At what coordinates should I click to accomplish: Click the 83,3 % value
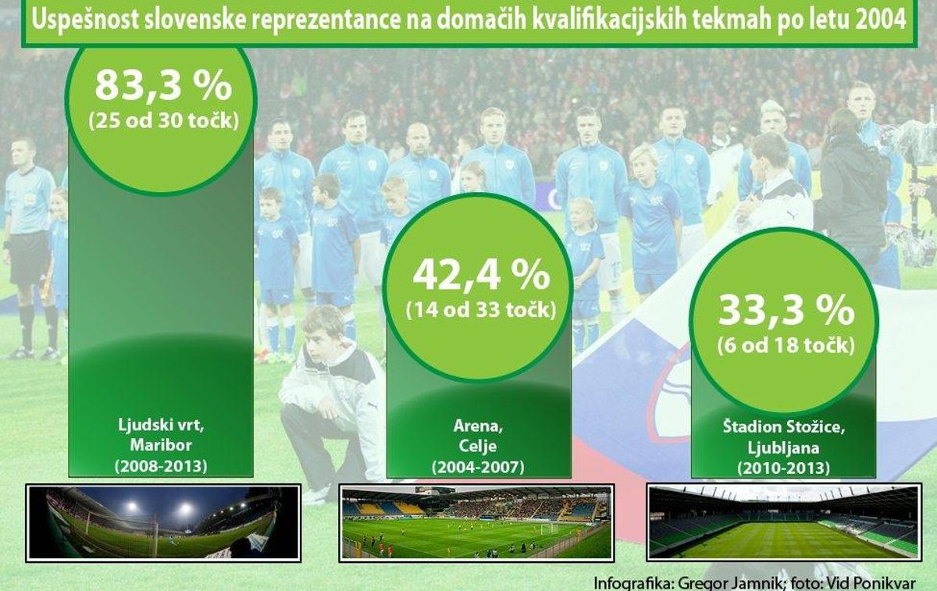click(163, 86)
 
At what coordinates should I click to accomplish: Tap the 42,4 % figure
click(482, 275)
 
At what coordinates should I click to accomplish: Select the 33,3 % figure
click(786, 311)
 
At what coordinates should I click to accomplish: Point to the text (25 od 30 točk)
click(163, 121)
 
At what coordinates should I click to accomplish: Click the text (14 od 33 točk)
click(481, 310)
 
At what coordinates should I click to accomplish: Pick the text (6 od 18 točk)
click(786, 346)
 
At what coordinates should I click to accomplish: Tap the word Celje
click(478, 446)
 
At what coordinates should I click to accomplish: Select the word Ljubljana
click(783, 448)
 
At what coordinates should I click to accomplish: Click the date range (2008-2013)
click(161, 466)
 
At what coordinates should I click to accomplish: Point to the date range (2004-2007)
click(478, 467)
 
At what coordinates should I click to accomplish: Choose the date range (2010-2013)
click(783, 468)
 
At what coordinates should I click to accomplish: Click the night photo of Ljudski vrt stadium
click(163, 523)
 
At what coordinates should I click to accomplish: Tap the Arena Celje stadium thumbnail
click(476, 523)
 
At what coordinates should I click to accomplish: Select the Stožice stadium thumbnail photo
click(784, 522)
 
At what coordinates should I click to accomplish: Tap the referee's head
click(24, 151)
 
